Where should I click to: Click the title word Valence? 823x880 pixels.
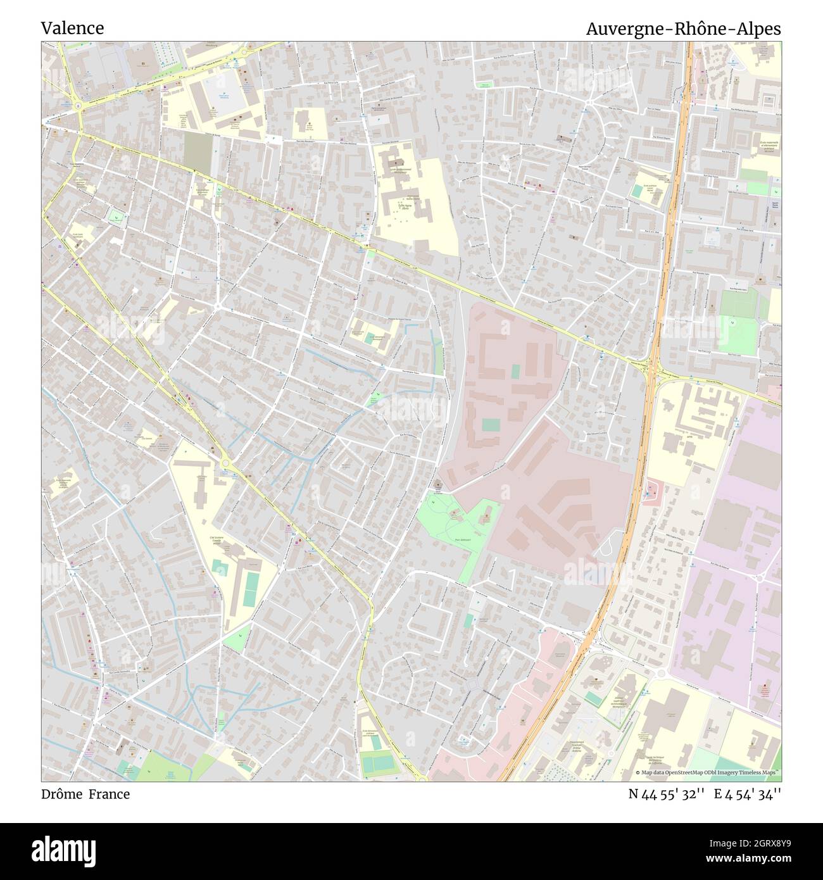[x=72, y=28]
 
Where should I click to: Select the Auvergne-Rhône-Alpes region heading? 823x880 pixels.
[x=683, y=29]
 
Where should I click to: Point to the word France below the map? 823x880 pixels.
[x=109, y=794]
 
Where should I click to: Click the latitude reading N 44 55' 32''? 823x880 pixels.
[x=667, y=794]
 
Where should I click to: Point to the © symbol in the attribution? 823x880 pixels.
[x=638, y=772]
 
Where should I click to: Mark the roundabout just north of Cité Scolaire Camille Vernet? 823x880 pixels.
[x=225, y=463]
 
